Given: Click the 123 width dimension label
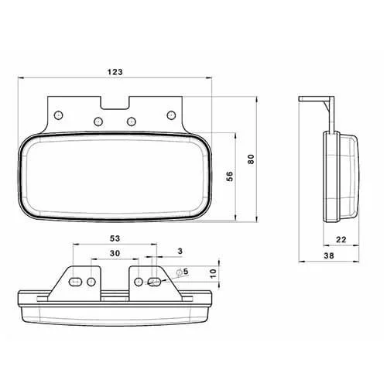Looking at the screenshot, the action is point(115,72).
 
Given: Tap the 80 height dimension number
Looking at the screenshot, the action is point(251,159).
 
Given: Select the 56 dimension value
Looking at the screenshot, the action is point(229,176).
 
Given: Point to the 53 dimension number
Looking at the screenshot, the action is point(115,238).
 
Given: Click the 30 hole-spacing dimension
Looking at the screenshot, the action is point(115,253).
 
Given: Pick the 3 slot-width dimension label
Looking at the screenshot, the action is point(180,251).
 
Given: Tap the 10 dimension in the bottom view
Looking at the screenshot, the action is point(214,273).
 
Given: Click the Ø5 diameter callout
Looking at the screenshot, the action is point(183,272).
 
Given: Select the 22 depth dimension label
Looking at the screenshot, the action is point(341,240).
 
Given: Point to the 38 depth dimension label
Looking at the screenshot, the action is point(329,255).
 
